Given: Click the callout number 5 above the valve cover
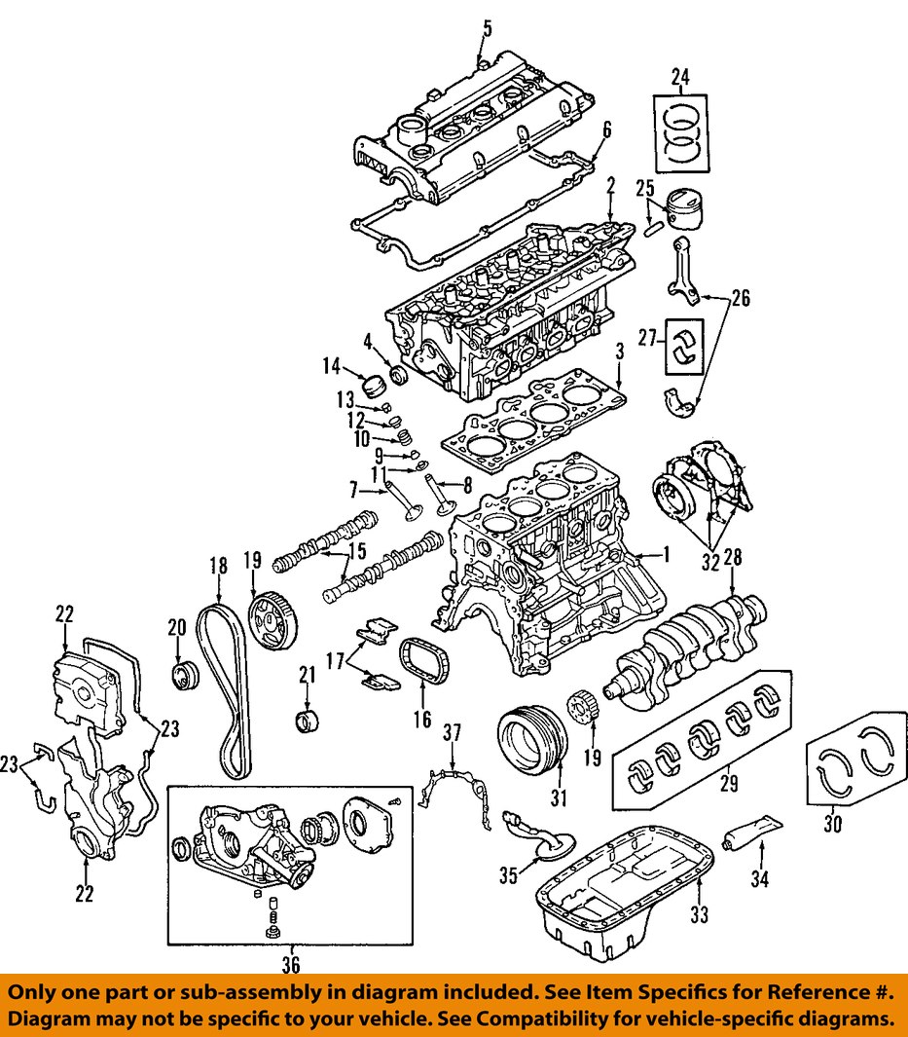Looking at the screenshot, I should point(487,26).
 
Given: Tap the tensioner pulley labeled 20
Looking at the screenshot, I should point(184,674).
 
